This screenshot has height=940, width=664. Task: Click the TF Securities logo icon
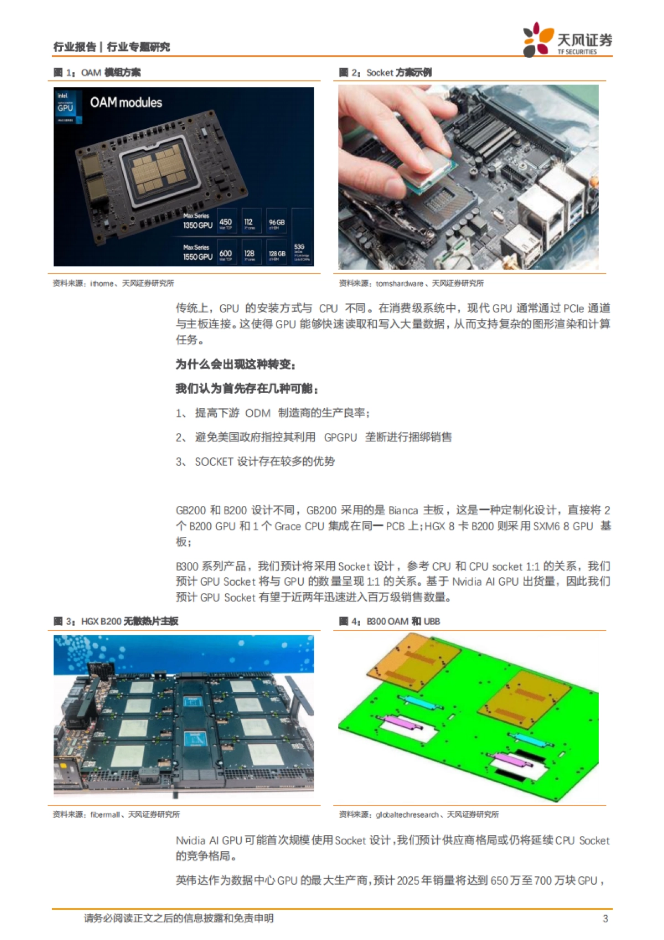[x=537, y=39]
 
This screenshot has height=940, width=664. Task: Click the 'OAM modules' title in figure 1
[x=126, y=103]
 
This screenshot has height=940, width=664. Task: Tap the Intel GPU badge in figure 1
[x=65, y=107]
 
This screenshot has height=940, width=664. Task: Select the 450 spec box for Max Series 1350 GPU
[x=226, y=223]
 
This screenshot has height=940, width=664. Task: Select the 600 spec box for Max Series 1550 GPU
[x=226, y=254]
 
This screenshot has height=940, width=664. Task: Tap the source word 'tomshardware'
[x=399, y=283]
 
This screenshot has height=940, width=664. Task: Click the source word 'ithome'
[x=102, y=283]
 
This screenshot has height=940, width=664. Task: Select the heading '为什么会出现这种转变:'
[x=236, y=364]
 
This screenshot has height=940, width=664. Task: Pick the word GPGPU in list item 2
[x=340, y=437]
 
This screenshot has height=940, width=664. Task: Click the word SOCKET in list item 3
[x=214, y=462]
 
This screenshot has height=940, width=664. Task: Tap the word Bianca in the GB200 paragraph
[x=403, y=510]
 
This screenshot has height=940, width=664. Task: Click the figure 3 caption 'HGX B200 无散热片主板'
[x=129, y=621]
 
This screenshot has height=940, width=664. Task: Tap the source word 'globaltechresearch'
[x=407, y=814]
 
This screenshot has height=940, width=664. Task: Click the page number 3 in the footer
[x=605, y=918]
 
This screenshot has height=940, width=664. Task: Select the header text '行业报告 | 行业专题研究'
[x=111, y=47]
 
